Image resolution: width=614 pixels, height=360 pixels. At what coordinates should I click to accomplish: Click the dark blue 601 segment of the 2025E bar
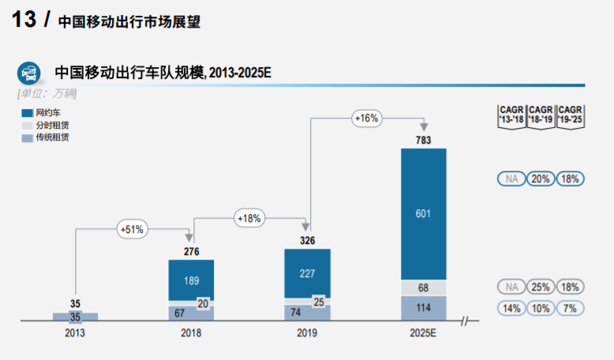click(x=424, y=213)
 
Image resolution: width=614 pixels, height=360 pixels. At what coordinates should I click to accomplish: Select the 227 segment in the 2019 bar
click(x=307, y=272)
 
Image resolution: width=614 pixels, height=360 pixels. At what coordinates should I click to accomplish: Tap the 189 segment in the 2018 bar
click(x=191, y=280)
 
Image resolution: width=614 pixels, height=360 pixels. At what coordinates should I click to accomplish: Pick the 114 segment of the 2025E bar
click(x=424, y=308)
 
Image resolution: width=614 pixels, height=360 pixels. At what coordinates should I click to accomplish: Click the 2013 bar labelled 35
click(x=76, y=317)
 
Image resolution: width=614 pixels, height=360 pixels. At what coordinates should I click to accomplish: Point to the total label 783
click(x=424, y=141)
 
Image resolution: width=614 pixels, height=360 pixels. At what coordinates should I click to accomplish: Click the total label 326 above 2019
click(x=307, y=240)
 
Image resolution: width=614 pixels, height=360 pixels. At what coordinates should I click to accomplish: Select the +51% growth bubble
click(x=131, y=229)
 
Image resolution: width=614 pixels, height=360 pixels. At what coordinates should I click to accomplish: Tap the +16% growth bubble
click(x=367, y=118)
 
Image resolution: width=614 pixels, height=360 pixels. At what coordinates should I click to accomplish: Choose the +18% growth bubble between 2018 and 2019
click(x=249, y=218)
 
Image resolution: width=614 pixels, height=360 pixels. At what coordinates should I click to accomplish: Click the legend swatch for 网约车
click(x=27, y=114)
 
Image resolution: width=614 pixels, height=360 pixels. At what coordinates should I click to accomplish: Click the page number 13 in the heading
click(x=24, y=20)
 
